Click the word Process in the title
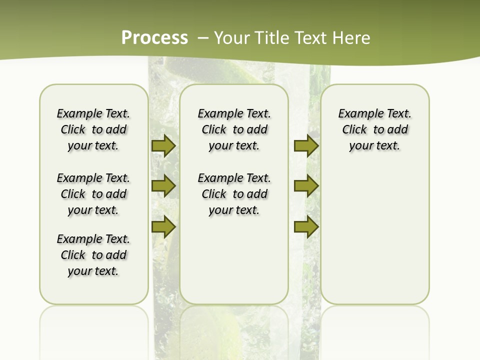coord(154,37)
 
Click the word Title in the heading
coord(270,37)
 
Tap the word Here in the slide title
coord(351,37)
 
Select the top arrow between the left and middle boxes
coord(163,146)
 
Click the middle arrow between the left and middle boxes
coord(163,186)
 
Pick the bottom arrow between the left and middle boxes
coord(163,227)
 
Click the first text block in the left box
coord(93,129)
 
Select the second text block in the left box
coord(93,194)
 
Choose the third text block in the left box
coord(93,255)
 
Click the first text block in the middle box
coord(234,129)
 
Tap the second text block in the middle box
coord(234,194)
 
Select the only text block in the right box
coord(375,129)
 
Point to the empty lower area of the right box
coord(375,230)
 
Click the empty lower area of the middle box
coord(234,260)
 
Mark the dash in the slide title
coord(203,37)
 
